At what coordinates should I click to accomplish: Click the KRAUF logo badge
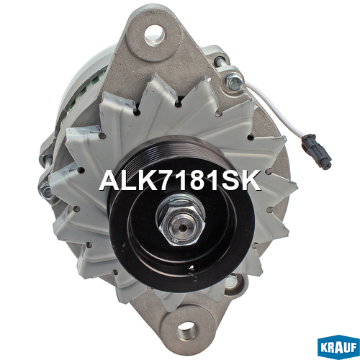[x=338, y=347]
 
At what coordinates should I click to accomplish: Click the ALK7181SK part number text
[x=180, y=180]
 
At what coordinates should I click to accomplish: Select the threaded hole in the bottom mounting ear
[x=186, y=331]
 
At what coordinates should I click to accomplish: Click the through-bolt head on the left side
[x=46, y=189]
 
